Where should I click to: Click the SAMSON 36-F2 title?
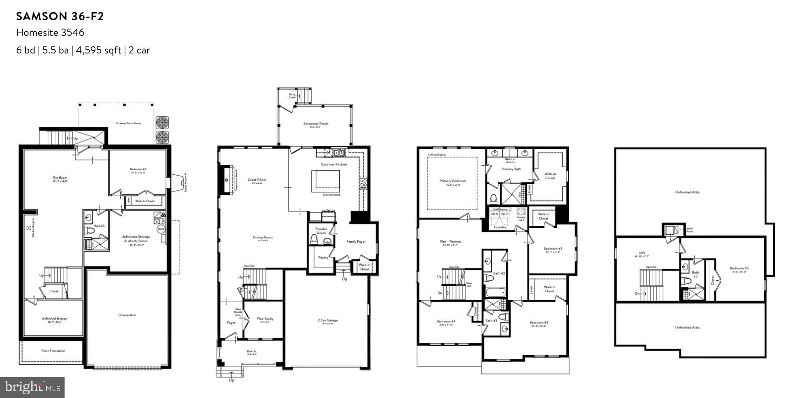click(x=60, y=16)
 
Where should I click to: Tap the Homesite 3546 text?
click(x=50, y=32)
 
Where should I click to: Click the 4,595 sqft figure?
click(x=98, y=50)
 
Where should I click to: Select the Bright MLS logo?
click(x=32, y=387)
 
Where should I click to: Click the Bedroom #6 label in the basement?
click(x=138, y=169)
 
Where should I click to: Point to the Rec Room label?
click(x=60, y=178)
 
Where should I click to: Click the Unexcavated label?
click(x=127, y=315)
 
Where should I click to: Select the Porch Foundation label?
click(x=53, y=351)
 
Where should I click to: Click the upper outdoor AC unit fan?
click(x=162, y=122)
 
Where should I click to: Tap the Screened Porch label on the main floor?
click(x=316, y=124)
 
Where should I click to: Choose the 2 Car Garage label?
click(x=327, y=320)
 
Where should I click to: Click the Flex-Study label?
click(x=265, y=319)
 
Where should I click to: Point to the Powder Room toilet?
click(x=314, y=239)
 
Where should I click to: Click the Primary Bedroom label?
click(x=452, y=181)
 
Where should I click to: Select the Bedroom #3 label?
click(x=538, y=323)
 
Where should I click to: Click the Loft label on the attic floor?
click(x=642, y=253)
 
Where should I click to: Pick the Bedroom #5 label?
click(x=739, y=268)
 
